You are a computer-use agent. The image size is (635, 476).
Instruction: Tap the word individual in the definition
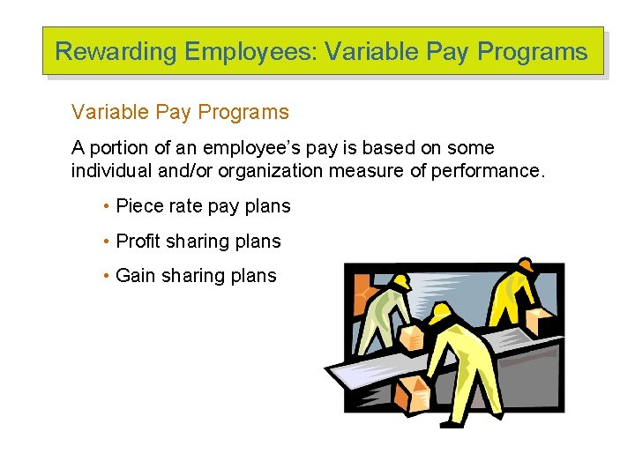tap(109, 170)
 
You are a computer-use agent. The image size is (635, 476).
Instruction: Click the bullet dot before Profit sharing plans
tap(106, 242)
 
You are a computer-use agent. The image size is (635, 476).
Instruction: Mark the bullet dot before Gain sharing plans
tap(106, 276)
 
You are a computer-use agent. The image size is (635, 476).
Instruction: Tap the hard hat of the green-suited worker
tap(400, 281)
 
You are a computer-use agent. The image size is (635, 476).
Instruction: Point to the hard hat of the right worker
tap(525, 265)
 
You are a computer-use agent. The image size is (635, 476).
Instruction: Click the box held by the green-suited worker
tap(412, 338)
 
